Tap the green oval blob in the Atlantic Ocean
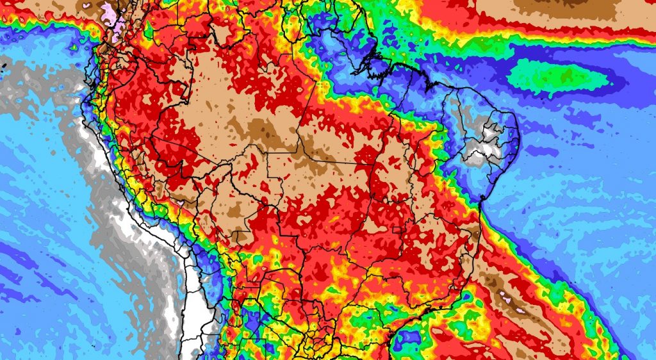557,77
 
